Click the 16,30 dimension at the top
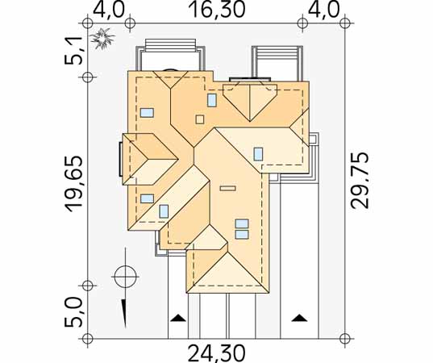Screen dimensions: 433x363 (217, 10)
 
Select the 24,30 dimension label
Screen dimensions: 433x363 (217, 353)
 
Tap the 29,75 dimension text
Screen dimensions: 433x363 (360, 180)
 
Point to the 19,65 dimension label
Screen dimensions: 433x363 (73, 184)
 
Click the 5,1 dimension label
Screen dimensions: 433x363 (73, 51)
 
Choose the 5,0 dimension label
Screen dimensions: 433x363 (73, 313)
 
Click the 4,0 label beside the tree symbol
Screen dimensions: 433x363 (108, 10)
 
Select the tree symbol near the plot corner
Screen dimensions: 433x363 (102, 39)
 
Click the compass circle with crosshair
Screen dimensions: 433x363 (125, 276)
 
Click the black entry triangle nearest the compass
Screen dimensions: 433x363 (178, 318)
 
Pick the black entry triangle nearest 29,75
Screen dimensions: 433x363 (300, 318)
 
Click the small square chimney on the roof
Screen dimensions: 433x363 (200, 119)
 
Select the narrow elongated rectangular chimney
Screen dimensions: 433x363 (228, 188)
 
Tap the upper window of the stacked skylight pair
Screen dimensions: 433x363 (242, 223)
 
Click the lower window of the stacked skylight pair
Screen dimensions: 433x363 (242, 234)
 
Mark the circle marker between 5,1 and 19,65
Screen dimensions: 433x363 (88, 77)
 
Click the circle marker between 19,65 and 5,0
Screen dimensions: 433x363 (88, 286)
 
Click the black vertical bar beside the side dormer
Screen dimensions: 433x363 (121, 159)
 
